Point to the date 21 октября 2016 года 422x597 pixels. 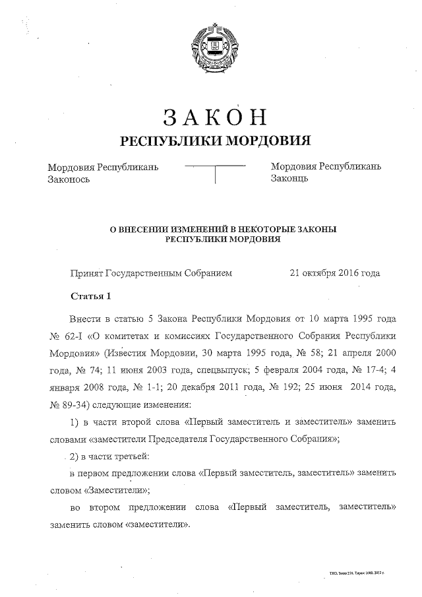coord(335,272)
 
